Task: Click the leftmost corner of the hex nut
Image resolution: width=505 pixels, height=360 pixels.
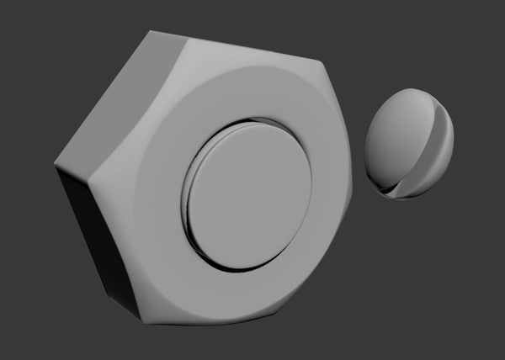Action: (x=56, y=161)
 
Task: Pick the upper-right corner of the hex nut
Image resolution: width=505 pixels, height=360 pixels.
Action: (x=324, y=62)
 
